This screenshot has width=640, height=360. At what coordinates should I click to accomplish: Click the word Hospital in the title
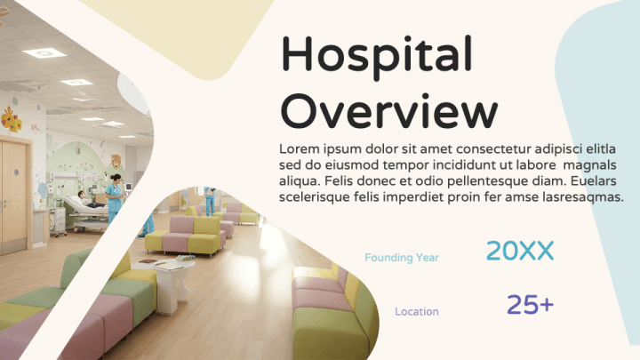(x=376, y=57)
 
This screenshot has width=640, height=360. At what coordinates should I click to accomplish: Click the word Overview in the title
(x=389, y=111)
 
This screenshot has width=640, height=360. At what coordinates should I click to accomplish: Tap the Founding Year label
(x=402, y=258)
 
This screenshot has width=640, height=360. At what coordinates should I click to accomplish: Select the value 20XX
(x=520, y=250)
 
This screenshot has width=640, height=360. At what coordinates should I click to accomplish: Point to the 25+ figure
(x=530, y=305)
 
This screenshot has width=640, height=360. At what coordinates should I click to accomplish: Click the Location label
(x=417, y=311)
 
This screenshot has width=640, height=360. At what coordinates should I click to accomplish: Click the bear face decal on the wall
(x=116, y=161)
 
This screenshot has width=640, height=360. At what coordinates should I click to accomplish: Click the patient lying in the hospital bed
(x=88, y=199)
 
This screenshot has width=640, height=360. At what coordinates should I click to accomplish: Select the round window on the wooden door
(x=16, y=172)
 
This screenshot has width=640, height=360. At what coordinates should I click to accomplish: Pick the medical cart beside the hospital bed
(x=58, y=222)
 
